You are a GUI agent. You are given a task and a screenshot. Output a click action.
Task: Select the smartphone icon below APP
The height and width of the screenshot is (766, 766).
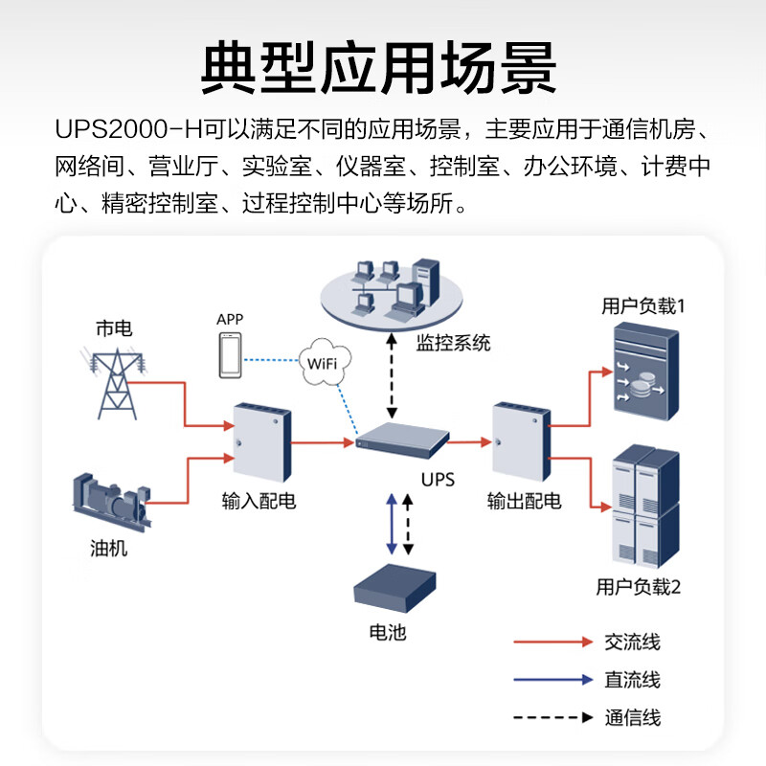coord(229,356)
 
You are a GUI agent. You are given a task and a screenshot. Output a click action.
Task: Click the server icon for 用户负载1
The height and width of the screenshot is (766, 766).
coord(645,373)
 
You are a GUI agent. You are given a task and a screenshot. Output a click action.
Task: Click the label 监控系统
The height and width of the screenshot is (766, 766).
coord(453,342)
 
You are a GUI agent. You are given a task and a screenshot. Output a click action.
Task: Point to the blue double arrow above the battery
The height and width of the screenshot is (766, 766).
coord(391,525)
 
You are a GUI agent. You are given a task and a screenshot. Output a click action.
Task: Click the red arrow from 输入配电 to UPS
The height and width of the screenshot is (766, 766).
coord(322,443)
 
